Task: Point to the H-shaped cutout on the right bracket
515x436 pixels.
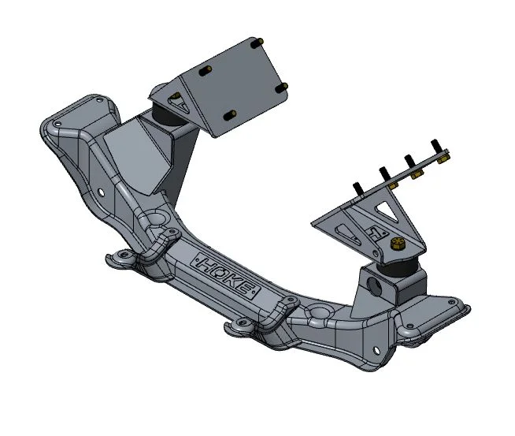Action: pyautogui.click(x=376, y=233)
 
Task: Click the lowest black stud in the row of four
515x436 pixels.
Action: pyautogui.click(x=358, y=188)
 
